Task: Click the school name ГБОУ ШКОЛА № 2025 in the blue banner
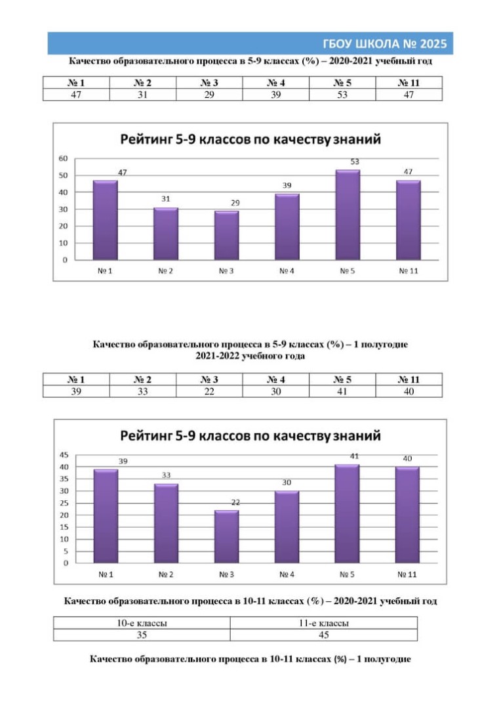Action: coord(384,44)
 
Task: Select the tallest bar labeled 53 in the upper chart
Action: coord(348,215)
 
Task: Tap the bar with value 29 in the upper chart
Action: coord(226,236)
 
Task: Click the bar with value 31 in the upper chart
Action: coord(166,234)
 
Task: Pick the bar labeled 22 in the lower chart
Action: coord(226,537)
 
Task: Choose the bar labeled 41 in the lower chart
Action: coord(347,513)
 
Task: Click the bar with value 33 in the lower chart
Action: coord(166,524)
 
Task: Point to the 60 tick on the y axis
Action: coord(63,159)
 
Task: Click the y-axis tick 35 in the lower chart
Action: coord(64,479)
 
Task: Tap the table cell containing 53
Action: coord(342,95)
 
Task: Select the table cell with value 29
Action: coord(209,95)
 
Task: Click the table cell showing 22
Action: coord(209,391)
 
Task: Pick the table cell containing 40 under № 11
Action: coord(409,391)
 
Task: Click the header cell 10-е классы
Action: coord(142,623)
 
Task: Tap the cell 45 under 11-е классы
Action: coord(323,635)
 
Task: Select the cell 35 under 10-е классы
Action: coord(142,635)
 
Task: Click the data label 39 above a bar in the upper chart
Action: coord(287,185)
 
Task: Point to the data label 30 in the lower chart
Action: coord(287,483)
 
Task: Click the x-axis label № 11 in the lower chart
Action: coord(407,574)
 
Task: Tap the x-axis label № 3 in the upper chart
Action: coord(226,271)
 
